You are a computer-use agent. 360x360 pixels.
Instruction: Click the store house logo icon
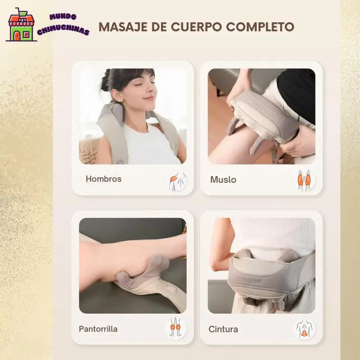click(x=21, y=25)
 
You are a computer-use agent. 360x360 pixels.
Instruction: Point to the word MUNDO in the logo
click(x=63, y=17)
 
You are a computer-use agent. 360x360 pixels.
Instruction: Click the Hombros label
click(x=104, y=179)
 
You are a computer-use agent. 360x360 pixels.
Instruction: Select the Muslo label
click(x=223, y=180)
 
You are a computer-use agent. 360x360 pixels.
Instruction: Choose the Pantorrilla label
click(x=98, y=329)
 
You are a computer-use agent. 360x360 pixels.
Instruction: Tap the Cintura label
click(x=223, y=329)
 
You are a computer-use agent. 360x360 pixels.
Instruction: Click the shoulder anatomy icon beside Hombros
click(x=177, y=181)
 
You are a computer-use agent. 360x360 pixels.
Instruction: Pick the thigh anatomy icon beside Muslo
click(x=304, y=180)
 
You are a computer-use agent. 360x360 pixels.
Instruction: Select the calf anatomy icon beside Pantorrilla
click(x=175, y=327)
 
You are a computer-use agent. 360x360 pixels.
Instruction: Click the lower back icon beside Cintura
click(x=304, y=329)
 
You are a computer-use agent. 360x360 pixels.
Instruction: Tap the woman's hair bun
click(x=106, y=80)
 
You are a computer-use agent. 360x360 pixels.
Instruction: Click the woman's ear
click(x=117, y=95)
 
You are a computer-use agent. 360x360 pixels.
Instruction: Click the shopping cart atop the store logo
click(x=21, y=13)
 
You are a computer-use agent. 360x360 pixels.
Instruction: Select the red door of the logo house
click(x=17, y=35)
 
